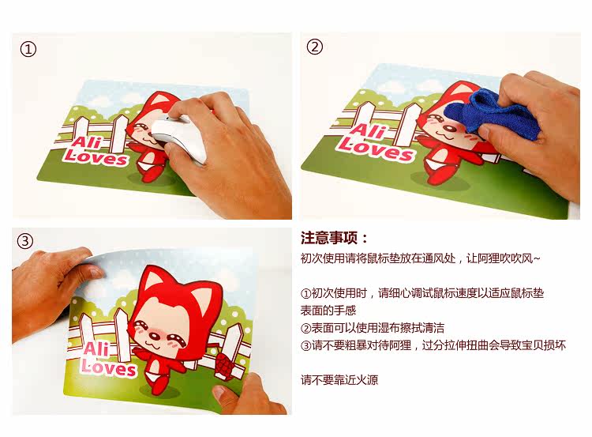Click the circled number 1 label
pos(28,49)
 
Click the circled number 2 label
pos(315,47)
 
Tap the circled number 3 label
pos(25,241)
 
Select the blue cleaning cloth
pos(492,112)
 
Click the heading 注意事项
pos(334,239)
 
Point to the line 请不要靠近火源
pos(339,379)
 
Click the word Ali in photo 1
pos(87,142)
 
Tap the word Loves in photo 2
pos(375,149)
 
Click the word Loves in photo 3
pos(109,367)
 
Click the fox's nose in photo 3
pos(154,335)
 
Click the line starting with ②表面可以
pos(373,328)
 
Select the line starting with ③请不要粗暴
pos(433,345)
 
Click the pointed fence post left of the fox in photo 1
pos(121,132)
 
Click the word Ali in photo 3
pos(96,348)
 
